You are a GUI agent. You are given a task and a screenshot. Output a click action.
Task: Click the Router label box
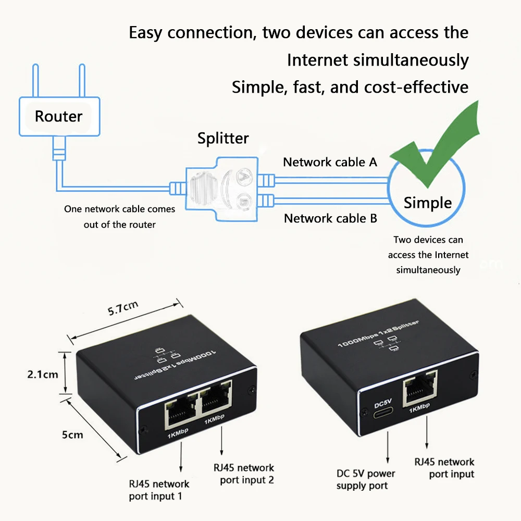tap(58, 116)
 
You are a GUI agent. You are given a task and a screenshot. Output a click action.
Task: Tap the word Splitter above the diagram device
tap(223, 138)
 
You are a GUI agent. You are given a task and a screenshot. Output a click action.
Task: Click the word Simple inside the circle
tap(428, 203)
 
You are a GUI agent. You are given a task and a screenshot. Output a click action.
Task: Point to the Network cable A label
tap(330, 162)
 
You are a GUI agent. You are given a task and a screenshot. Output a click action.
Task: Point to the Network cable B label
tap(330, 218)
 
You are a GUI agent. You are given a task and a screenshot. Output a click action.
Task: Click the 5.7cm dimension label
tap(123, 309)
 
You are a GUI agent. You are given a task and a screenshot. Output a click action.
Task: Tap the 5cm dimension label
tap(72, 435)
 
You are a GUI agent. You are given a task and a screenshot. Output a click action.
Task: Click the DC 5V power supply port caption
tap(366, 479)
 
